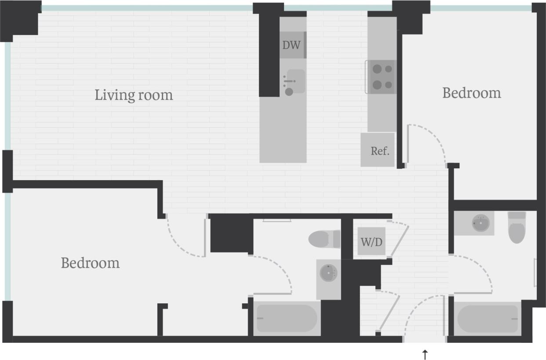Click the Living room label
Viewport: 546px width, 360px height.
tap(134, 95)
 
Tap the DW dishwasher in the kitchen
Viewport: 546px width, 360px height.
tap(292, 45)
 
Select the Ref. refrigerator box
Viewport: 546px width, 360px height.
tap(379, 150)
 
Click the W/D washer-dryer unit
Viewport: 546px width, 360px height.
tap(371, 241)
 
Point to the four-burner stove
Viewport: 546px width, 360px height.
tap(382, 77)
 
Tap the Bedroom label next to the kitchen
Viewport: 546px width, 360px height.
tap(471, 93)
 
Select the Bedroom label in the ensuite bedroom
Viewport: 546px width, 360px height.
tap(90, 263)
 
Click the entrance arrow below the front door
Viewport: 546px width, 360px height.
tap(425, 354)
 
